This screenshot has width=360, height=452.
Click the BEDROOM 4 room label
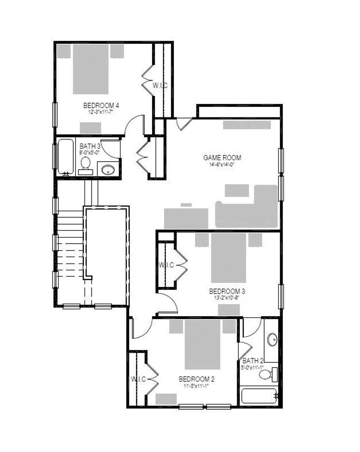101,105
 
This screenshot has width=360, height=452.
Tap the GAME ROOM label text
222,158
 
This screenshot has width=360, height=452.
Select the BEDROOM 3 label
227,291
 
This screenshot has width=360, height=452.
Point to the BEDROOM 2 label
197,379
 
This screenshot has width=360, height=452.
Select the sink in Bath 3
108,170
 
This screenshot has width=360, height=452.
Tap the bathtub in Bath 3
66,157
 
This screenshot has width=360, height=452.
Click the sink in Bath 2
272,340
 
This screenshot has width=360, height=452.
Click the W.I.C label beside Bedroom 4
160,85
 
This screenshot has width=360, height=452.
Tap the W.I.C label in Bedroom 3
166,265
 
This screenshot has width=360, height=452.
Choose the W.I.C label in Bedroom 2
139,379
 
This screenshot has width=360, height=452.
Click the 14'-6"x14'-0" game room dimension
222,164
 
